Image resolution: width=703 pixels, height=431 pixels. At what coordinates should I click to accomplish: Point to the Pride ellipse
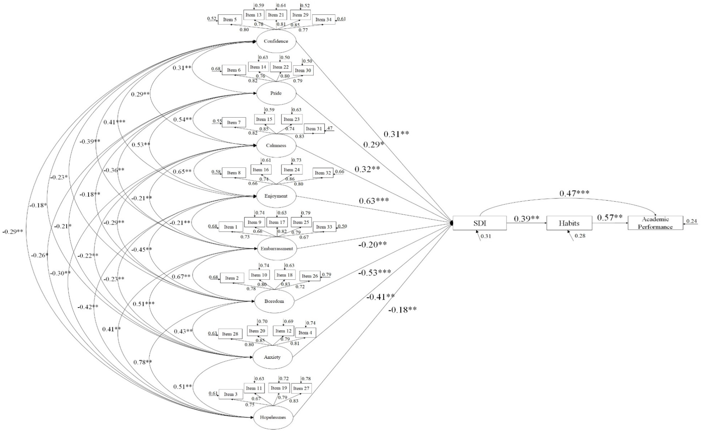tap(276, 93)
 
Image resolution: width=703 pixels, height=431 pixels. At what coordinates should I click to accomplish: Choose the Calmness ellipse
tap(276, 145)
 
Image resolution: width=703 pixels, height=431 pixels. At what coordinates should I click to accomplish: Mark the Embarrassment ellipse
tap(277, 249)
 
